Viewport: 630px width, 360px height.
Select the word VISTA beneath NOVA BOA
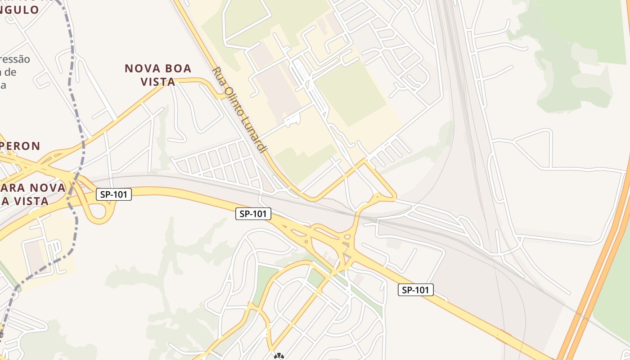click(x=157, y=82)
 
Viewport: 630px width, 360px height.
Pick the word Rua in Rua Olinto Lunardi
click(x=217, y=74)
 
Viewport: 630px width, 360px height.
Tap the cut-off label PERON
click(x=20, y=146)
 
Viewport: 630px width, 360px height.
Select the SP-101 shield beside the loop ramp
click(x=114, y=194)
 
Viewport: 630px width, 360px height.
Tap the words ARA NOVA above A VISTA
click(x=34, y=188)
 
